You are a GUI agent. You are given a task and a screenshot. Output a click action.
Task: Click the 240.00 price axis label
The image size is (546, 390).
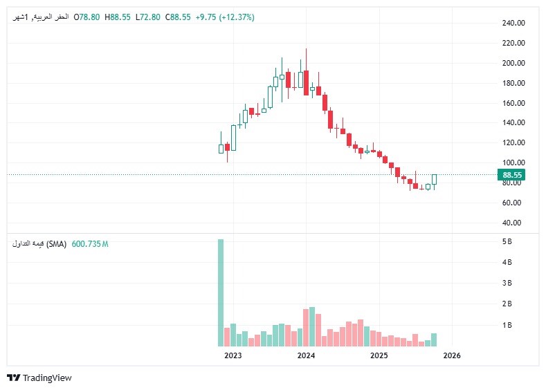[513, 23]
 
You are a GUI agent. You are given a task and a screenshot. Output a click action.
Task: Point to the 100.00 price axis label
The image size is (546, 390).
[513, 162]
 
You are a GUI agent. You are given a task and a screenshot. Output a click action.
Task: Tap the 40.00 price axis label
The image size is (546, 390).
[513, 223]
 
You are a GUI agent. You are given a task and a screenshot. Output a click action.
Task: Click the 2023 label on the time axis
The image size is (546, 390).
[233, 355]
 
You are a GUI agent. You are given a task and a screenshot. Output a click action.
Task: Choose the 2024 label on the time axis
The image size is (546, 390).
[306, 355]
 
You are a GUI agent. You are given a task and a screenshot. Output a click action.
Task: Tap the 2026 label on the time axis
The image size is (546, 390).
[451, 355]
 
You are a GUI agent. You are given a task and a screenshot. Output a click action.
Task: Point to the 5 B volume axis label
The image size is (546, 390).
[507, 241]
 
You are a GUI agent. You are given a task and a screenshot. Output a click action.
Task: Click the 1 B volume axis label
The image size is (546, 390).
[507, 324]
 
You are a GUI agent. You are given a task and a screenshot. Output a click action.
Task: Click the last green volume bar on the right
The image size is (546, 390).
[434, 340]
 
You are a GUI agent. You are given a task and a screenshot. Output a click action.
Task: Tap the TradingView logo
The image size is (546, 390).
[39, 378]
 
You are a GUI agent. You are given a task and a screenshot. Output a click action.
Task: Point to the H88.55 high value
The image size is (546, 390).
[118, 17]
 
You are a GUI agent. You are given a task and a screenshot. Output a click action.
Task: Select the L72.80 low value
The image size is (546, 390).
[147, 17]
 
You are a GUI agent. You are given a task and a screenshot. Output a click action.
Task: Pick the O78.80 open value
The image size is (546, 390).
[87, 17]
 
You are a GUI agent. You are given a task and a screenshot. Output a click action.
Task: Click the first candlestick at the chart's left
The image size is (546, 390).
[221, 148]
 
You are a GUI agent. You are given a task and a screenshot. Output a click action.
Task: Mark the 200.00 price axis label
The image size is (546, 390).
[513, 63]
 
